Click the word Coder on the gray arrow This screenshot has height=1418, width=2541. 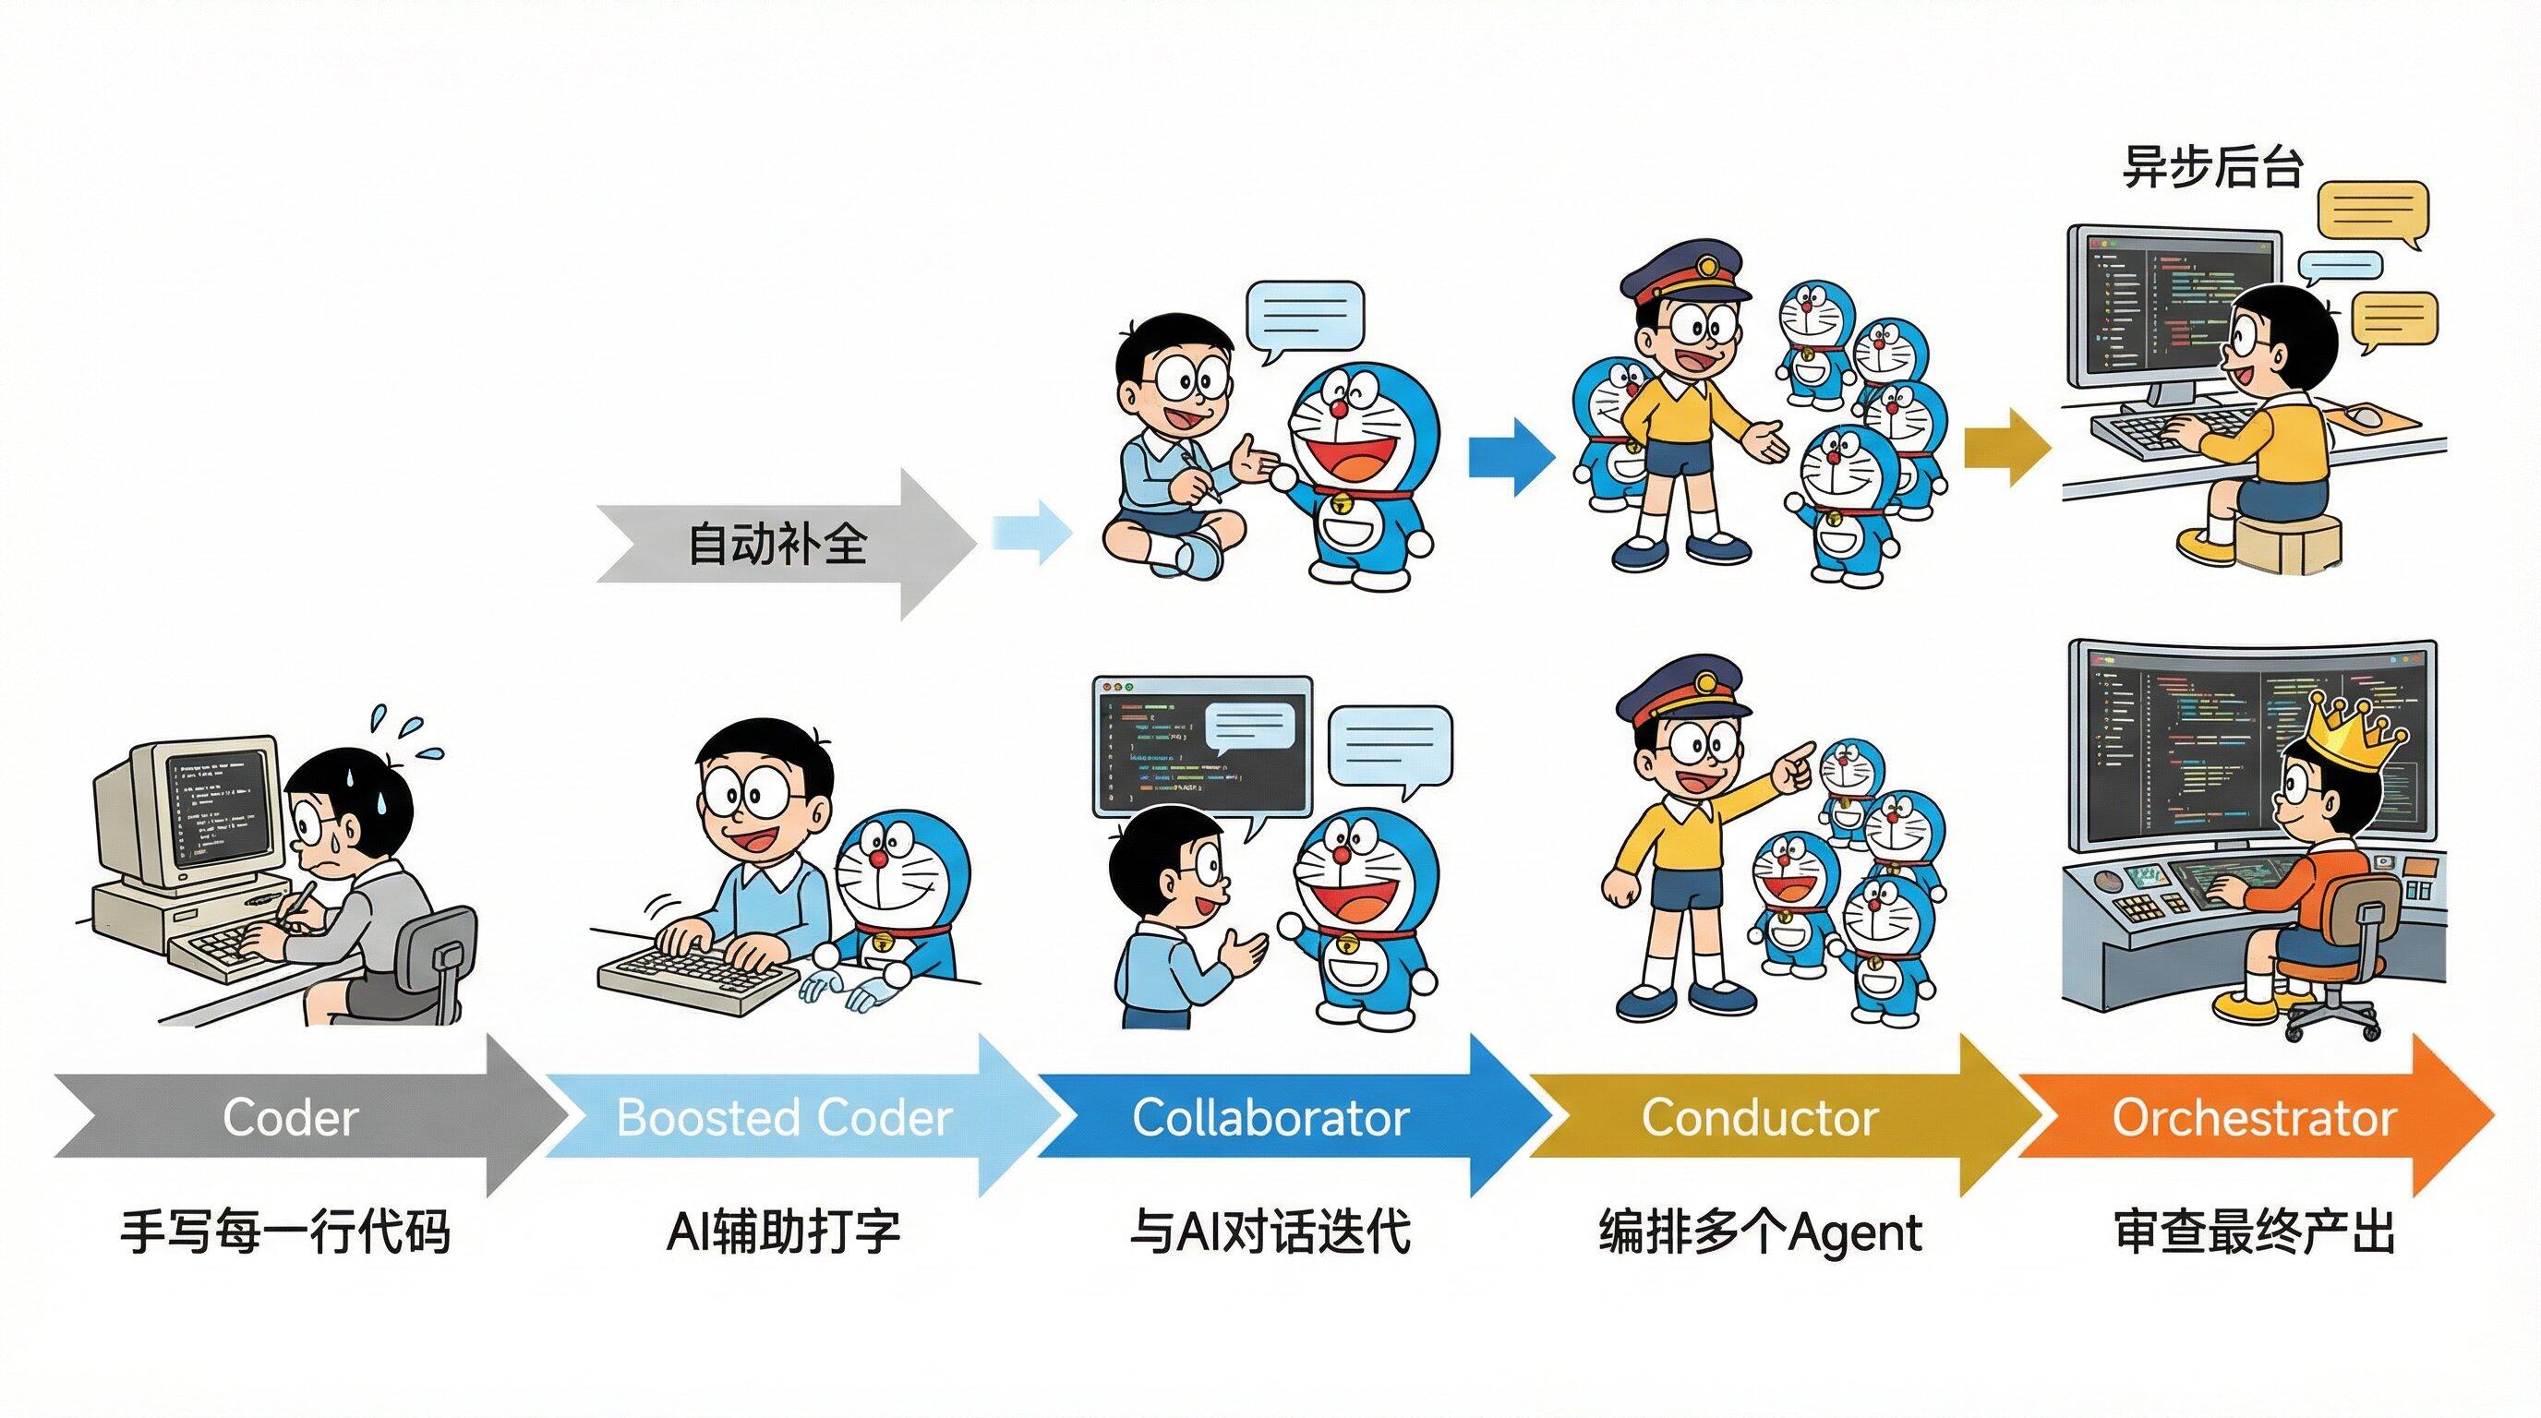(x=289, y=1117)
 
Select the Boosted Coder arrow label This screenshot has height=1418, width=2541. (x=784, y=1117)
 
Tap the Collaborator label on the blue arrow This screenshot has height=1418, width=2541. (x=1270, y=1117)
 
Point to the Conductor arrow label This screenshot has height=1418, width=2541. (x=1760, y=1117)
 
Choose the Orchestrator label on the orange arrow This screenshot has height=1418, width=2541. (x=2254, y=1117)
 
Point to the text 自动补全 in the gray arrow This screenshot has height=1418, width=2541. (x=777, y=544)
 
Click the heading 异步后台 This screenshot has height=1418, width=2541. (x=2212, y=167)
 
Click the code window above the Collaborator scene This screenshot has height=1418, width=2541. (x=1201, y=744)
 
